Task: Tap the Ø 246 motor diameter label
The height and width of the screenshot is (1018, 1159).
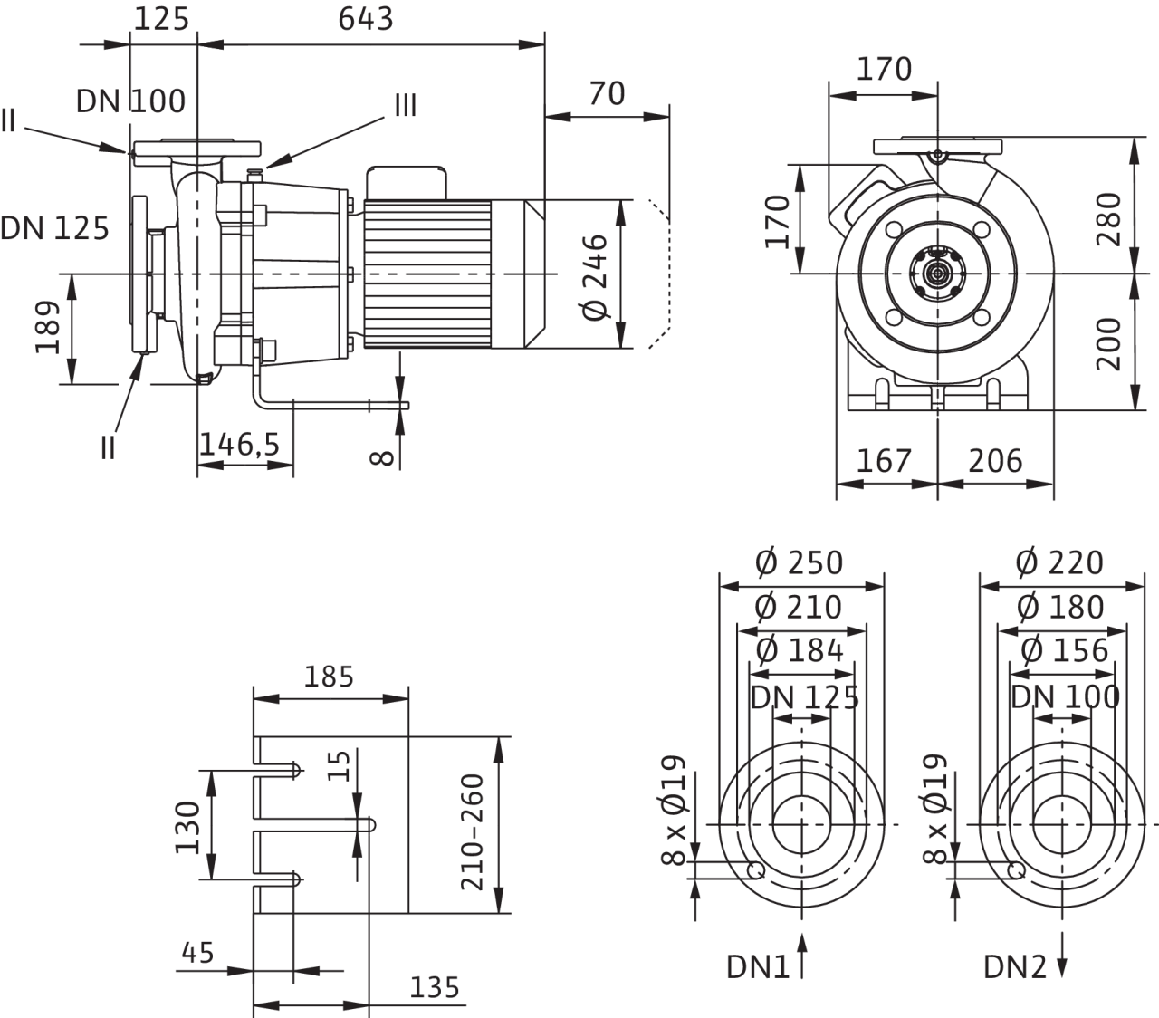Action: (x=596, y=275)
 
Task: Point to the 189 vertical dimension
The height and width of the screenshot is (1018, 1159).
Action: (x=50, y=328)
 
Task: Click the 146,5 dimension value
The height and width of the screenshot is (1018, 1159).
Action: (x=241, y=445)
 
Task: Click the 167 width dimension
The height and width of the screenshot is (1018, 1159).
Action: (x=883, y=461)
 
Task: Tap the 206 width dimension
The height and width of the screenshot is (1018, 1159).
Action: (x=995, y=461)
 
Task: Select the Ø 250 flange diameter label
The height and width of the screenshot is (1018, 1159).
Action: (x=799, y=562)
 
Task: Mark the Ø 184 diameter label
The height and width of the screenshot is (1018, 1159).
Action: (x=800, y=650)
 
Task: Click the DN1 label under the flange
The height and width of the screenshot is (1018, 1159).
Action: (x=758, y=967)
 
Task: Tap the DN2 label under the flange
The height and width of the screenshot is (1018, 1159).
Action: (x=1014, y=967)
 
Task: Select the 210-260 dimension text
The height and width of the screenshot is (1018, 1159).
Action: (x=474, y=831)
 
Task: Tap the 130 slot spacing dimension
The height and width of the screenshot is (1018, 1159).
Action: (x=188, y=826)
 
